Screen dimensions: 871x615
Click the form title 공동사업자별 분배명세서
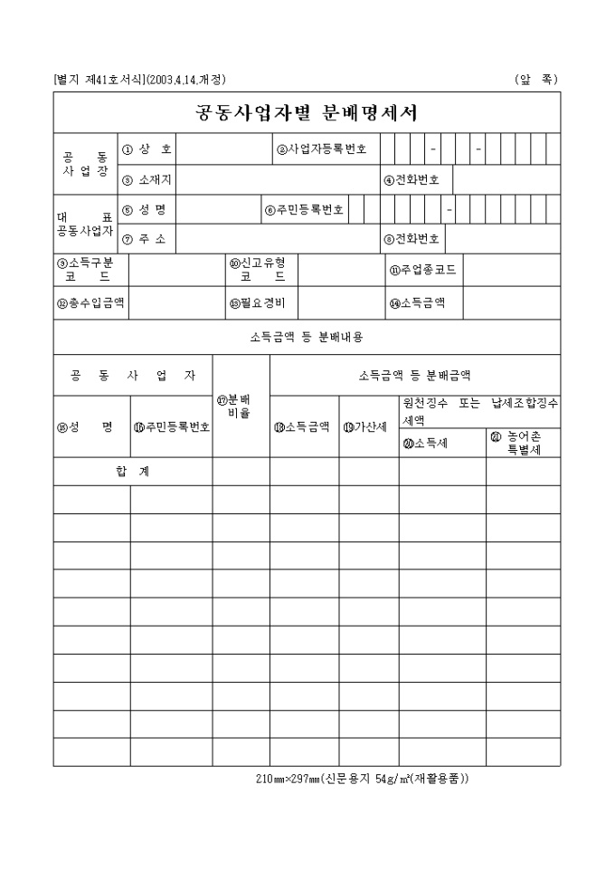pyautogui.click(x=307, y=113)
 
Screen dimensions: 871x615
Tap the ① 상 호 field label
pyautogui.click(x=147, y=149)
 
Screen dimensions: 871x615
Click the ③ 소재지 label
pyautogui.click(x=147, y=179)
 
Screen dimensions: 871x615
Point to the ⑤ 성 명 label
pyautogui.click(x=147, y=210)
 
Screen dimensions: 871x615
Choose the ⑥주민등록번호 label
pyautogui.click(x=304, y=210)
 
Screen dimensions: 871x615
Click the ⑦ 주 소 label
pyautogui.click(x=147, y=239)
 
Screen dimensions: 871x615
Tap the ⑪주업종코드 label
pyautogui.click(x=422, y=270)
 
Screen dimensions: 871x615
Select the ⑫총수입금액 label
pyautogui.click(x=90, y=302)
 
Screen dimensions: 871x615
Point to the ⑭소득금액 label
pyautogui.click(x=417, y=302)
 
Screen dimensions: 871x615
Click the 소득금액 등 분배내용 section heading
pyautogui.click(x=307, y=337)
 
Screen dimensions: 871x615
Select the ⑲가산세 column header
pyautogui.click(x=369, y=427)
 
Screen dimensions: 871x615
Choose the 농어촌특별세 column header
pyautogui.click(x=523, y=443)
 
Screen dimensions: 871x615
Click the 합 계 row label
pyautogui.click(x=133, y=471)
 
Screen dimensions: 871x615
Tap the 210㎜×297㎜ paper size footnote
pyautogui.click(x=362, y=778)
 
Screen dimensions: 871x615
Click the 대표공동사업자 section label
pyautogui.click(x=84, y=225)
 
